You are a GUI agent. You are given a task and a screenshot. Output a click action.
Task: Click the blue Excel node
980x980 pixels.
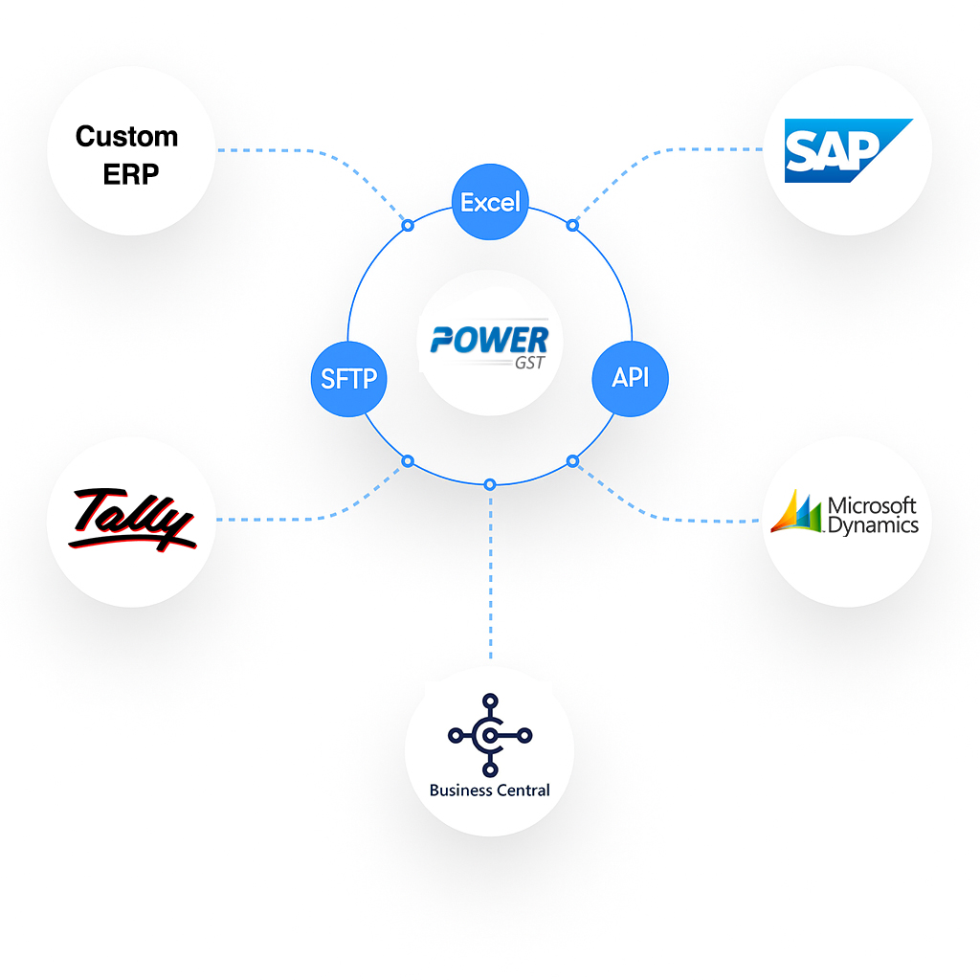[490, 202]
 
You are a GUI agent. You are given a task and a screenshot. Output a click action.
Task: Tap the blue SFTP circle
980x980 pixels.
[348, 378]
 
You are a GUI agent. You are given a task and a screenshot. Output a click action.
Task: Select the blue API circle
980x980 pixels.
[630, 377]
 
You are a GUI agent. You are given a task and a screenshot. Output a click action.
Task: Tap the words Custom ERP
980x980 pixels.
[127, 154]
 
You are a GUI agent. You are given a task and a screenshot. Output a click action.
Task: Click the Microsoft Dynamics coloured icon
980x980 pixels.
[797, 512]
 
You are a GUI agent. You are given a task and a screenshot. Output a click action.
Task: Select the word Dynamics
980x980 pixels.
[872, 525]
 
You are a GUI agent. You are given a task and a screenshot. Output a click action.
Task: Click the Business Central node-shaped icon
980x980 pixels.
[489, 734]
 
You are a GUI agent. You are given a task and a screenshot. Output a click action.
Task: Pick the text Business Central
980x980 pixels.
[489, 791]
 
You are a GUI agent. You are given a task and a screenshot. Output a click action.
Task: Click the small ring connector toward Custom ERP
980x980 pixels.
[408, 226]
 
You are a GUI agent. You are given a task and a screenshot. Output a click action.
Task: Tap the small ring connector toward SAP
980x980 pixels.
[572, 225]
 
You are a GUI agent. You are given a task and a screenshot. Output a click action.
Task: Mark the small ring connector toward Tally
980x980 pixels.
[408, 461]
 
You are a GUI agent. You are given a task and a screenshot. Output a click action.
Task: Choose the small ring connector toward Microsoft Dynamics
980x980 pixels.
[572, 461]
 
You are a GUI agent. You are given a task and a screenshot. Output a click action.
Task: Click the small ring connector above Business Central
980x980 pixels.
[490, 483]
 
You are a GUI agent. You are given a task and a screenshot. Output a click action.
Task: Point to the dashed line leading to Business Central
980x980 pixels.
[490, 574]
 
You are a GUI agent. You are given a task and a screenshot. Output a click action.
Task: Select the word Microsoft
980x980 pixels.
[872, 505]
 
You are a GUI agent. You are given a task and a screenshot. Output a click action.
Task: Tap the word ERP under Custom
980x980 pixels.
[131, 174]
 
